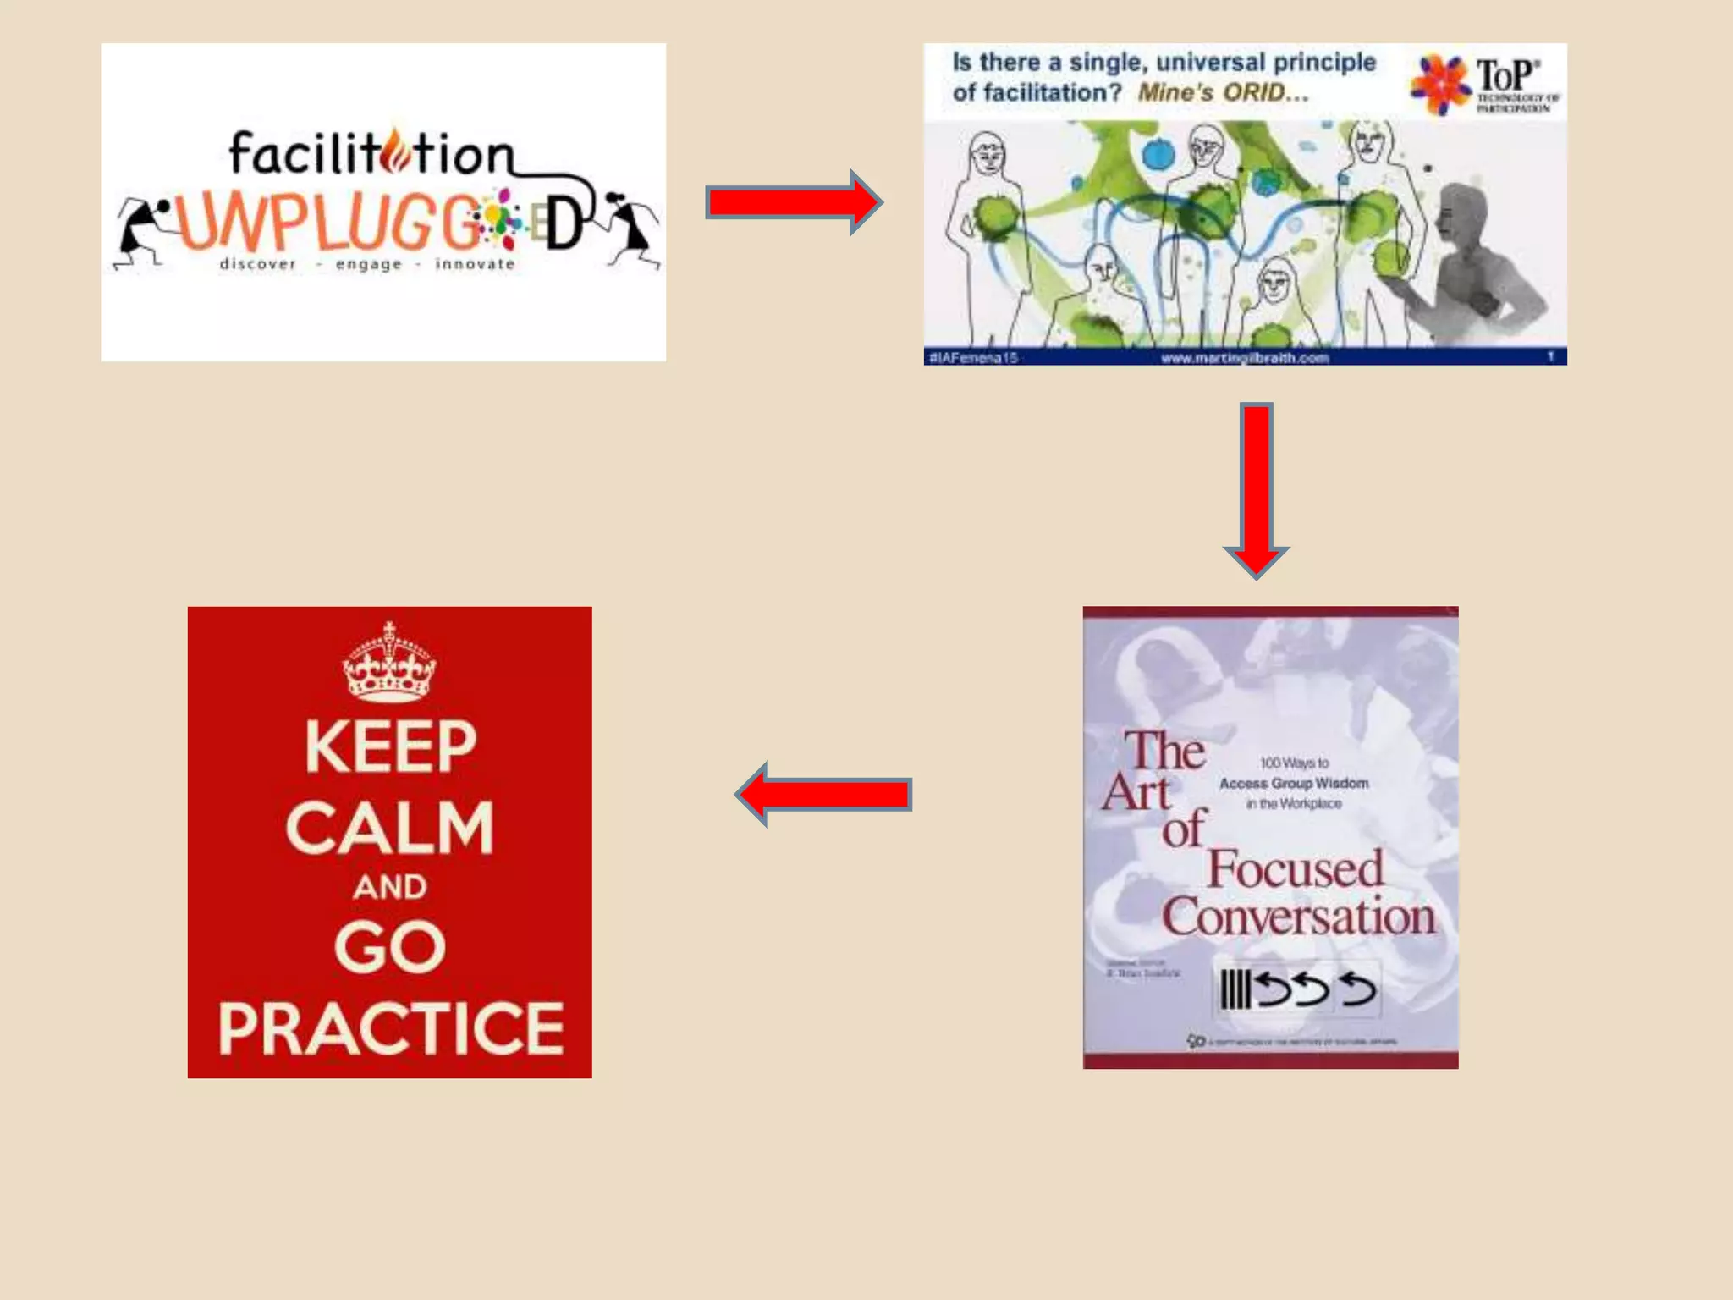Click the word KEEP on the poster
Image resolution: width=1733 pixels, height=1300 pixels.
coord(390,746)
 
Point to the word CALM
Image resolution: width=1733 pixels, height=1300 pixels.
coord(390,828)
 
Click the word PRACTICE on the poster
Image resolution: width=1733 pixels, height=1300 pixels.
coord(390,1028)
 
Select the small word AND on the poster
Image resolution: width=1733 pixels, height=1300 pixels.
coord(390,887)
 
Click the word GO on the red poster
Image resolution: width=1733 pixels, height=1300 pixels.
coord(390,946)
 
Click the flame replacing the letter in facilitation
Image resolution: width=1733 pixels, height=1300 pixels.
coord(395,152)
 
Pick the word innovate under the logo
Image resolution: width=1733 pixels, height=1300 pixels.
coord(475,264)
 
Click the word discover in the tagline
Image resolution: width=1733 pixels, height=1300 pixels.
coord(258,264)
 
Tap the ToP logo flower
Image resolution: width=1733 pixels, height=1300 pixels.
coord(1439,83)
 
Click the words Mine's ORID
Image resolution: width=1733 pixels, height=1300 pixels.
coord(1222,92)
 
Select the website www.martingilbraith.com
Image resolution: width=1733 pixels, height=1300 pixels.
coord(1245,358)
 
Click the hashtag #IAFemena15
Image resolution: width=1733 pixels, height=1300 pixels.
coord(973,358)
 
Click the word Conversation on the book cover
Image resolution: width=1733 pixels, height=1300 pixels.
coord(1298,917)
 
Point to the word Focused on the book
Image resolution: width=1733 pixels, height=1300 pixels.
coord(1295,869)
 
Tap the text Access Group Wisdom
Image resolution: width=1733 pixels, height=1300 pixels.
coord(1293,784)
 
